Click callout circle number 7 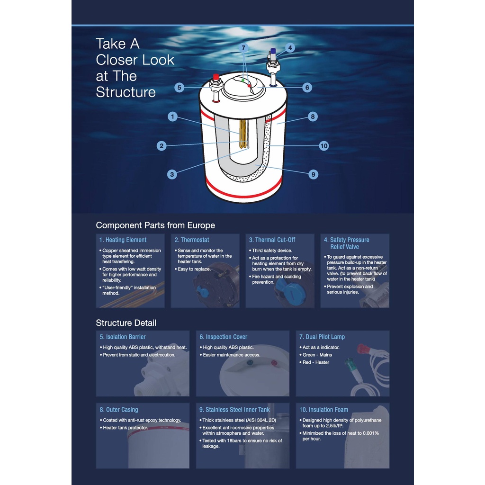(243, 48)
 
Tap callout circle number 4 (290, 48)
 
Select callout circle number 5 (180, 88)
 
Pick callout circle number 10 (324, 146)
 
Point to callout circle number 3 (172, 174)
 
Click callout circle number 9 (314, 174)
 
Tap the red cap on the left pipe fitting (216, 76)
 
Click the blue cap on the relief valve (273, 51)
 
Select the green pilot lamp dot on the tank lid (243, 81)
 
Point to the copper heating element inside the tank (243, 134)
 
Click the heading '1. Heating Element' (123, 240)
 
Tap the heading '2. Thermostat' (192, 240)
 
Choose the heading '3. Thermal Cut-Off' (272, 240)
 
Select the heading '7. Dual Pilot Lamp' (322, 337)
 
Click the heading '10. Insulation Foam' (323, 410)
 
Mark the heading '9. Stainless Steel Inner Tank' (234, 410)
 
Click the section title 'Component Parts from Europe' (155, 225)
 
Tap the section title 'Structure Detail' (126, 323)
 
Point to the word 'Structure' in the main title (126, 92)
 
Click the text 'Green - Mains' (317, 355)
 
